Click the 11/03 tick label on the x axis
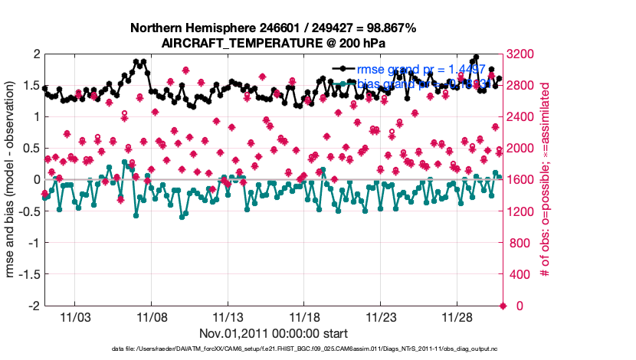75,316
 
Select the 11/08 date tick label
152,316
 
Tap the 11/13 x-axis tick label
228,316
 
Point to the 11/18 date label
305,316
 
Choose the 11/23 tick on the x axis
381,316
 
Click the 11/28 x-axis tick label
457,316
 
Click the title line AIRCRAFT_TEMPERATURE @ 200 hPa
273,43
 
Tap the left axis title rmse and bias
11,180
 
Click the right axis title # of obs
546,180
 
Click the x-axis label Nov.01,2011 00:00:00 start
274,333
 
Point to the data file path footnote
273,350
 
